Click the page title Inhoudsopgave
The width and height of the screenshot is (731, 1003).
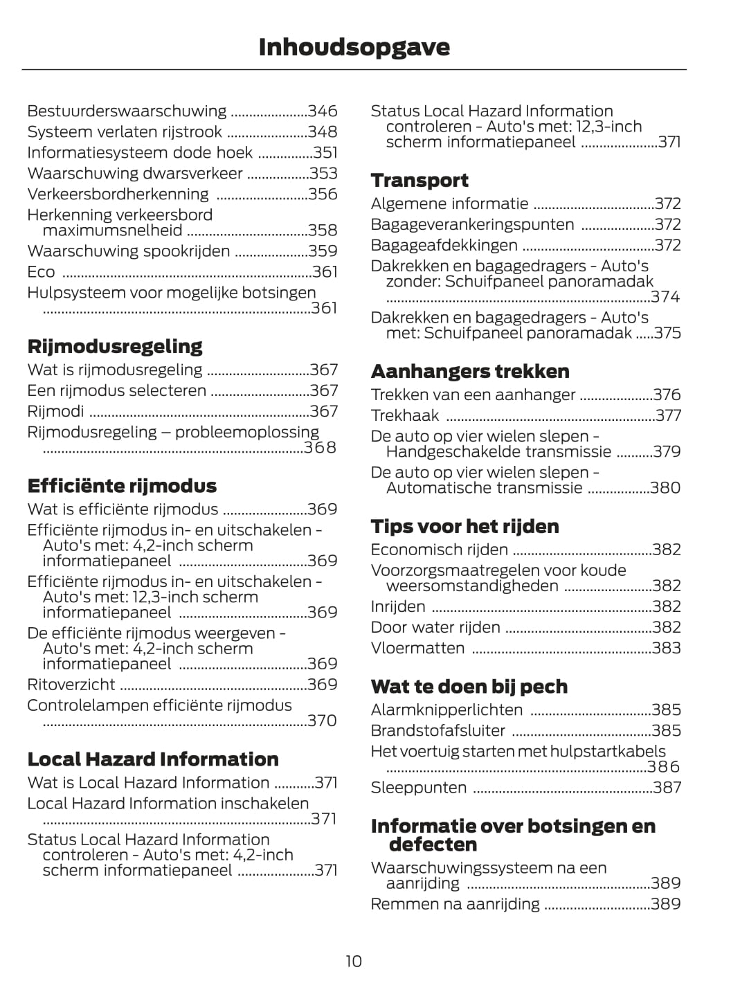(x=354, y=47)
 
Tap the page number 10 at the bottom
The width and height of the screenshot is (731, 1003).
(x=354, y=961)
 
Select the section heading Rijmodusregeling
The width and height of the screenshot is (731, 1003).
(x=115, y=346)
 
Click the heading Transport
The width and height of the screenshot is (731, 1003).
(x=419, y=180)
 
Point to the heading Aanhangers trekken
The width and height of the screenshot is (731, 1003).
(x=470, y=371)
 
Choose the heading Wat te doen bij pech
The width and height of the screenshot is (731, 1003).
(x=469, y=687)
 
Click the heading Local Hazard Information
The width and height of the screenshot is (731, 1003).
(x=153, y=759)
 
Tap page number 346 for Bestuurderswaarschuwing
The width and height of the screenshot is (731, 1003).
(x=323, y=111)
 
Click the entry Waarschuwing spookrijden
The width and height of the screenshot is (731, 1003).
(x=129, y=251)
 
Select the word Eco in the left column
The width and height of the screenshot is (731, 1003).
(x=41, y=272)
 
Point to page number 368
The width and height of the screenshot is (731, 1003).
(x=321, y=448)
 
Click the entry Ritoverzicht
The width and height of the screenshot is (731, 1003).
(x=71, y=685)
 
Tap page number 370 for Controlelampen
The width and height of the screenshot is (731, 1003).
(x=322, y=721)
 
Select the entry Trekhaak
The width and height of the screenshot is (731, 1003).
(x=405, y=415)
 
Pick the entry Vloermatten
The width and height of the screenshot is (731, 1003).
(x=417, y=648)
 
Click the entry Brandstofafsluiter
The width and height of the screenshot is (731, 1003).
(x=437, y=731)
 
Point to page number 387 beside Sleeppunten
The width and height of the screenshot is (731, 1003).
(x=667, y=788)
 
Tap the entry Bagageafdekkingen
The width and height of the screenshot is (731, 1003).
(x=444, y=245)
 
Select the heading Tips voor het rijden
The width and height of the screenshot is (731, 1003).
(x=464, y=526)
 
